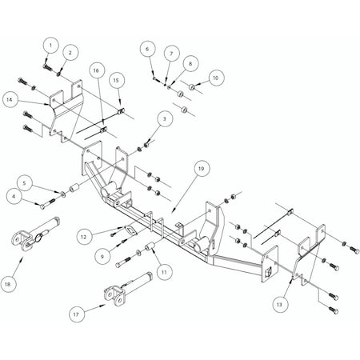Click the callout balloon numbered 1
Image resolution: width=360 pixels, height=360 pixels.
click(x=50, y=46)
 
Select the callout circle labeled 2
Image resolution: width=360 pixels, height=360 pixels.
click(x=70, y=53)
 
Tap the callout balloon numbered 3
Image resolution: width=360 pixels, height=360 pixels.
click(x=165, y=119)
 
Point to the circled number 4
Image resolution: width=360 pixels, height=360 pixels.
click(x=14, y=197)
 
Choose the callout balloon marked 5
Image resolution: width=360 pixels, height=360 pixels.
click(x=25, y=183)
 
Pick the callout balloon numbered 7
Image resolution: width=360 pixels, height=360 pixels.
click(x=171, y=54)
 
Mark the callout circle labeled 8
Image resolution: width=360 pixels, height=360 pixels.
click(x=190, y=64)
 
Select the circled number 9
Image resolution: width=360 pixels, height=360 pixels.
click(x=102, y=257)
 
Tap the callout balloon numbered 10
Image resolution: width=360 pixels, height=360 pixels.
click(x=216, y=78)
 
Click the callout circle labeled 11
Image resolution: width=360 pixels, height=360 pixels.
click(x=164, y=272)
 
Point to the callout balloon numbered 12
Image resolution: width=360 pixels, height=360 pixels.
click(x=84, y=237)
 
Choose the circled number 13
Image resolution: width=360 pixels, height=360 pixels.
click(x=279, y=305)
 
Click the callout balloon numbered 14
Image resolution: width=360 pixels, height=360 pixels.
click(x=10, y=100)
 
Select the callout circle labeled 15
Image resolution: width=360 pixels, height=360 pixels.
click(x=116, y=81)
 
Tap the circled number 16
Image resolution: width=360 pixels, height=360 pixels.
click(x=96, y=70)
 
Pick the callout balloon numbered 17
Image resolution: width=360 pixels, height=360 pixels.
click(x=77, y=314)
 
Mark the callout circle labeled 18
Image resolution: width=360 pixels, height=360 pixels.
click(x=8, y=284)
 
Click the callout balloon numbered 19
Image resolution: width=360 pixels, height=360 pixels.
click(x=202, y=169)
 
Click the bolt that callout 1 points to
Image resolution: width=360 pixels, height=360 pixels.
click(x=48, y=66)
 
